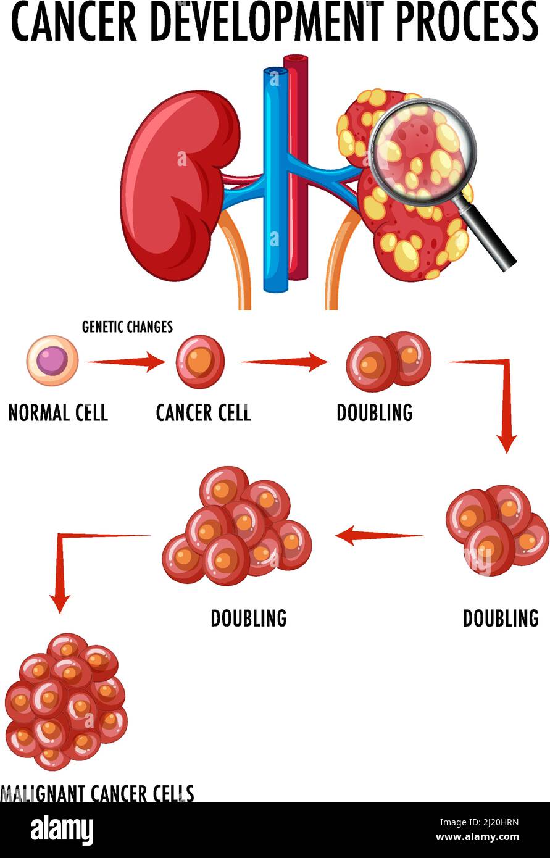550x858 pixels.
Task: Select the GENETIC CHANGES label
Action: (127, 327)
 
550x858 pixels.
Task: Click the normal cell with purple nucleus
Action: (52, 360)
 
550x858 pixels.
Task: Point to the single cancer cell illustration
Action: (200, 362)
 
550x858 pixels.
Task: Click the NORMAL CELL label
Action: (58, 412)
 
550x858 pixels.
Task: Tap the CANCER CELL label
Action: (203, 412)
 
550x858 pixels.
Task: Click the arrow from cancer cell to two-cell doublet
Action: (283, 362)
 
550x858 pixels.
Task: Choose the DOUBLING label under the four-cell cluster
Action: (500, 618)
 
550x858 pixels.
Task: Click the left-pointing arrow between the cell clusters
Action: (378, 535)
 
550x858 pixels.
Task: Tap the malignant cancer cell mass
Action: (66, 701)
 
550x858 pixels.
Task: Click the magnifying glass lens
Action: (423, 151)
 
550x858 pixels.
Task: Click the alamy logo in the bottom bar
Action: (62, 829)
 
